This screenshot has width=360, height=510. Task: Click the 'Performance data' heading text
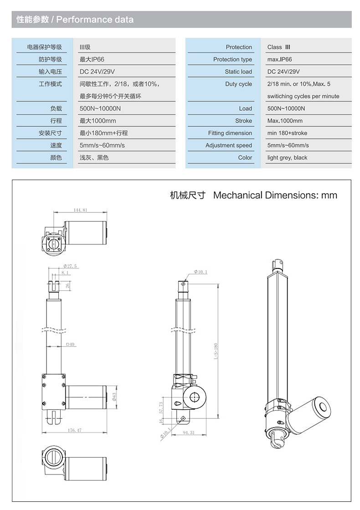tap(95, 20)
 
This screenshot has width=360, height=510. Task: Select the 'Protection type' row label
tap(232, 59)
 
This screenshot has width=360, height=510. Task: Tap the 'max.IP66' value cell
tap(279, 59)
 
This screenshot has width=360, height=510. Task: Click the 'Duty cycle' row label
tap(238, 84)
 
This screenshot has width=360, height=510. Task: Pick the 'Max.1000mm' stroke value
tap(285, 121)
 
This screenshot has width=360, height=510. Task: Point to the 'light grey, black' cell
tap(287, 158)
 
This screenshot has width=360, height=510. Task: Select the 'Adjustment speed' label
tap(228, 145)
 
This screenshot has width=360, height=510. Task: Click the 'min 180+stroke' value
tap(287, 133)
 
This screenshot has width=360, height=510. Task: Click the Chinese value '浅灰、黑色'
tap(94, 158)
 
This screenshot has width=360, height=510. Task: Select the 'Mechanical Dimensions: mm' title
tap(275, 195)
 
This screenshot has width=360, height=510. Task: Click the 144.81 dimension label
tap(80, 210)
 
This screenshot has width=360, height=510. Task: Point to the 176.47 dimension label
tap(74, 430)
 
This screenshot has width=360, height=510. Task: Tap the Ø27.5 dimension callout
tap(70, 266)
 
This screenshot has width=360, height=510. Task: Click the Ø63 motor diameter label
tap(114, 397)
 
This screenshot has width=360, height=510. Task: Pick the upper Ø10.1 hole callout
tap(201, 272)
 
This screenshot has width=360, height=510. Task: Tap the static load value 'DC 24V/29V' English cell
tap(283, 72)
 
